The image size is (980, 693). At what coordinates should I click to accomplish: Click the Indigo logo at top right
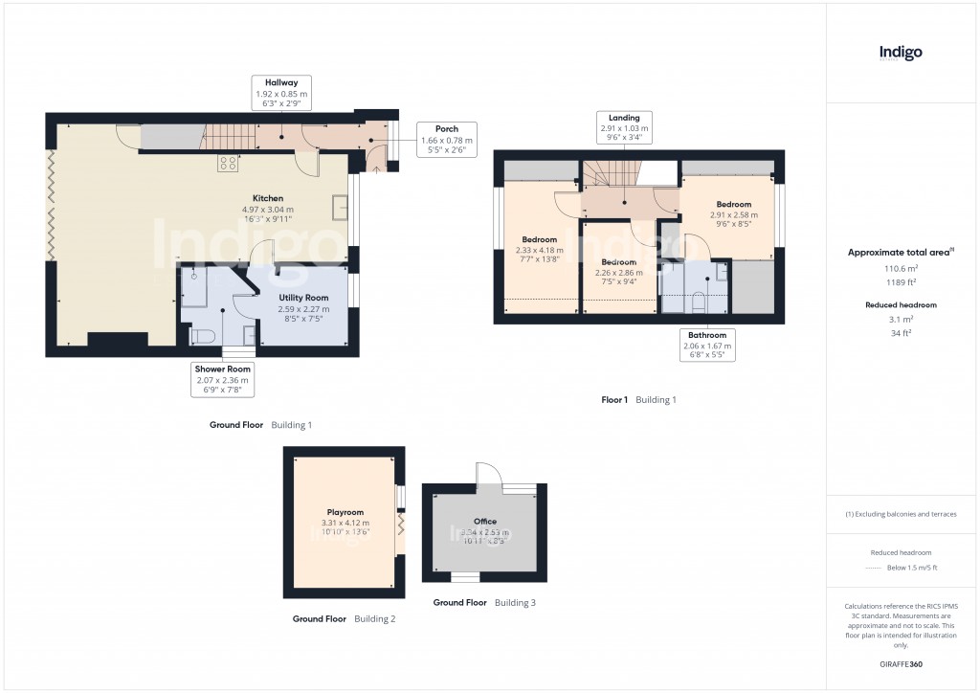901,54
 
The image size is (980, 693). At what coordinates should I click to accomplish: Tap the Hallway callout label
281,95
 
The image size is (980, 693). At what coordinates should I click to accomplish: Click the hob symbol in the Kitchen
228,164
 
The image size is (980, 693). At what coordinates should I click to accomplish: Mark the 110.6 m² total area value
900,270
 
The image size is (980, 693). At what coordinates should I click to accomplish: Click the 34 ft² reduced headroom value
900,333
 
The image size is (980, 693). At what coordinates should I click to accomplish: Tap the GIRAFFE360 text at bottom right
900,663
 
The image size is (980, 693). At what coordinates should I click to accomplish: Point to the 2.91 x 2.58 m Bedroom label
734,210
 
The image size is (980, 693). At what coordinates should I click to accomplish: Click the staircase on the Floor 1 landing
611,173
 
